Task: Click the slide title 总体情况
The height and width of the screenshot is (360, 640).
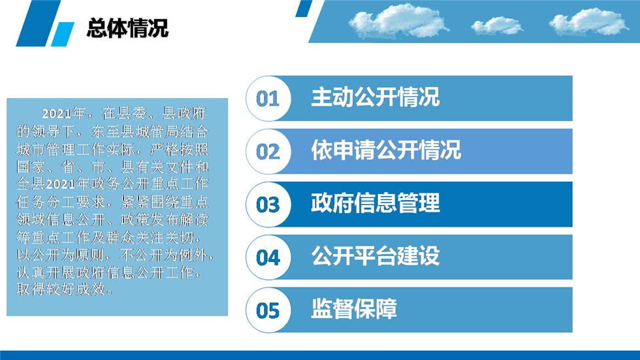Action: [127, 28]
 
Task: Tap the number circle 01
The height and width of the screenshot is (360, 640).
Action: [268, 99]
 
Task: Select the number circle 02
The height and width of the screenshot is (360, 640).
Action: [268, 152]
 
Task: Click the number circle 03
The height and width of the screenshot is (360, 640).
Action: [268, 205]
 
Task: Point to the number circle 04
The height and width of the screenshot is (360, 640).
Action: [268, 257]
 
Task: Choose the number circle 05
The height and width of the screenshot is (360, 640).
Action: [268, 310]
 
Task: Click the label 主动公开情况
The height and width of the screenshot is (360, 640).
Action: [375, 97]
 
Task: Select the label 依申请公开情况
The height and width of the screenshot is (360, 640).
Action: [386, 150]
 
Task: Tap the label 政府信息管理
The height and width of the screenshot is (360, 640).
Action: [375, 203]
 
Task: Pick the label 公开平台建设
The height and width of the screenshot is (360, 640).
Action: [375, 256]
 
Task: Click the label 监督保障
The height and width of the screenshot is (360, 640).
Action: [354, 308]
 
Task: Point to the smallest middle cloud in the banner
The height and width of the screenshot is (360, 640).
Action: [496, 25]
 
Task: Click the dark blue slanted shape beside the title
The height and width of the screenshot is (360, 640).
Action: [39, 23]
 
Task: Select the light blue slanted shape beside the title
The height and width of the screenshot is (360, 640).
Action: [63, 34]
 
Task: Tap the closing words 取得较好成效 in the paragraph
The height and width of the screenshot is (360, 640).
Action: [60, 289]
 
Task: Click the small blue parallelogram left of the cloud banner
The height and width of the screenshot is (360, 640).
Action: [304, 8]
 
